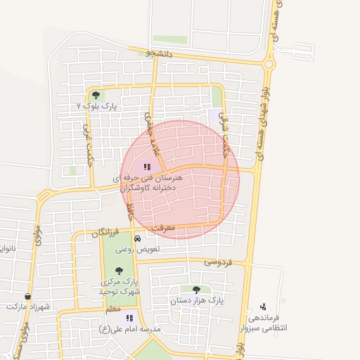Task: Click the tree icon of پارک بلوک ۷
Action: pyautogui.click(x=96, y=94)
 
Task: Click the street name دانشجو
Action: pyautogui.click(x=159, y=53)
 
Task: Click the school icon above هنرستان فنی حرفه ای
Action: pyautogui.click(x=147, y=167)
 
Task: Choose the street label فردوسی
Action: pyautogui.click(x=218, y=262)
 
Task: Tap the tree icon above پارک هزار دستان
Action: pyautogui.click(x=196, y=289)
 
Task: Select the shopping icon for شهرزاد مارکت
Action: pyautogui.click(x=27, y=297)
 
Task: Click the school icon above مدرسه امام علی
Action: pyautogui.click(x=129, y=318)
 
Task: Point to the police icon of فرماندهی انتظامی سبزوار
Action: pyautogui.click(x=263, y=306)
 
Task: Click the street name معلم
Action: pyautogui.click(x=111, y=309)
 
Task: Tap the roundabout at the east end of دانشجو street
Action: pyautogui.click(x=269, y=64)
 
